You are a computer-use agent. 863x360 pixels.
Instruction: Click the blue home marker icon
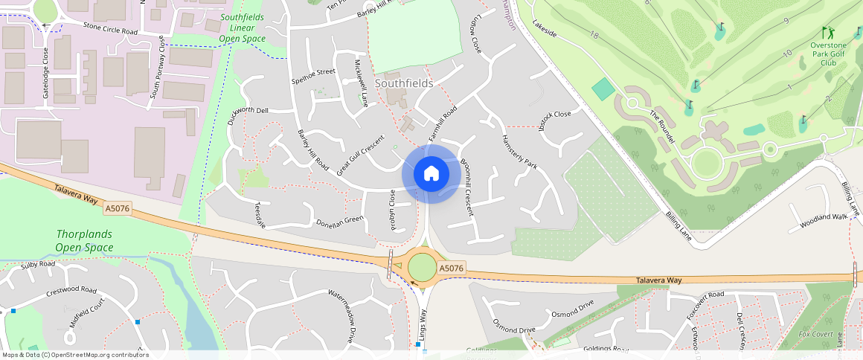tap(431, 174)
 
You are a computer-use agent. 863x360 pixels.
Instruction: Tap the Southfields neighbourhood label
tap(404, 83)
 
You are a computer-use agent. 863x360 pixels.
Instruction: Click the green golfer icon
tap(828, 33)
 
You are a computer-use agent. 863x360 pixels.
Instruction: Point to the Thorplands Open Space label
tap(84, 240)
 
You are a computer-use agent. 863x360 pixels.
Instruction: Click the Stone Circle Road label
tap(110, 29)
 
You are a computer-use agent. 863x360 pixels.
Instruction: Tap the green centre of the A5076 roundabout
tap(422, 267)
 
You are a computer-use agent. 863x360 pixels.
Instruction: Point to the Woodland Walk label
tap(824, 221)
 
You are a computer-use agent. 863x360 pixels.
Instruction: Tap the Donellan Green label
tap(339, 221)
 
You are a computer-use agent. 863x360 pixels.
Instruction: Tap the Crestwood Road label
tap(71, 291)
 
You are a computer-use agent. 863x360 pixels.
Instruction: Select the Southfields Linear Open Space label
tap(243, 28)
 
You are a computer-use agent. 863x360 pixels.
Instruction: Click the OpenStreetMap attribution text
tap(74, 355)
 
